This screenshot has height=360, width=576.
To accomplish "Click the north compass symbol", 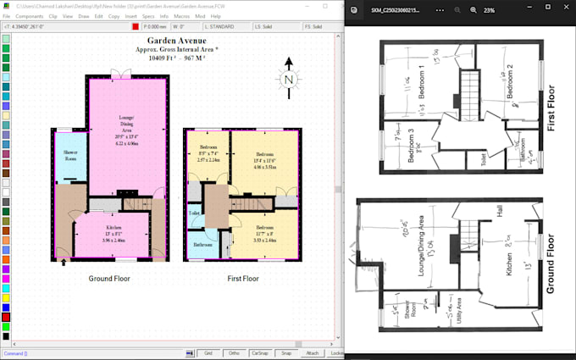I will [x=289, y=80].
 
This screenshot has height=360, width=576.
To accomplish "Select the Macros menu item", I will [x=182, y=16].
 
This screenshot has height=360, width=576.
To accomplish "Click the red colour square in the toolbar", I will [x=135, y=26].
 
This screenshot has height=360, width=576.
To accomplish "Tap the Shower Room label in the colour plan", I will [x=70, y=155].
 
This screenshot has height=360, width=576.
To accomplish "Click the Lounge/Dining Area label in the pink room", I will [x=126, y=127].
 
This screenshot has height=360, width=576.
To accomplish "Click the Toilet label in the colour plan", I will [x=194, y=213].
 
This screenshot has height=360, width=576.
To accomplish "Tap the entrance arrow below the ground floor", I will [x=64, y=263].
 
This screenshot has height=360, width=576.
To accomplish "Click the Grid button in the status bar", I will [x=208, y=352].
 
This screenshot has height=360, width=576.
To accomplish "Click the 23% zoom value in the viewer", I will [x=490, y=10].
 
